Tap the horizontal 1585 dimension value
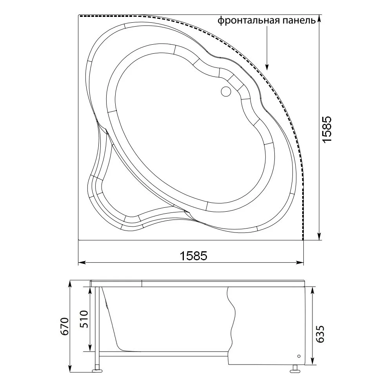pos(194,256)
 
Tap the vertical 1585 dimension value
pos(327,129)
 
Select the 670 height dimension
pos(65,327)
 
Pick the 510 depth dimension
pos(84,319)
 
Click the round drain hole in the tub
pos(227,91)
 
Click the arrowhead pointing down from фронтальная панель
pos(267,66)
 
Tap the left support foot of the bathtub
pos(97,370)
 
